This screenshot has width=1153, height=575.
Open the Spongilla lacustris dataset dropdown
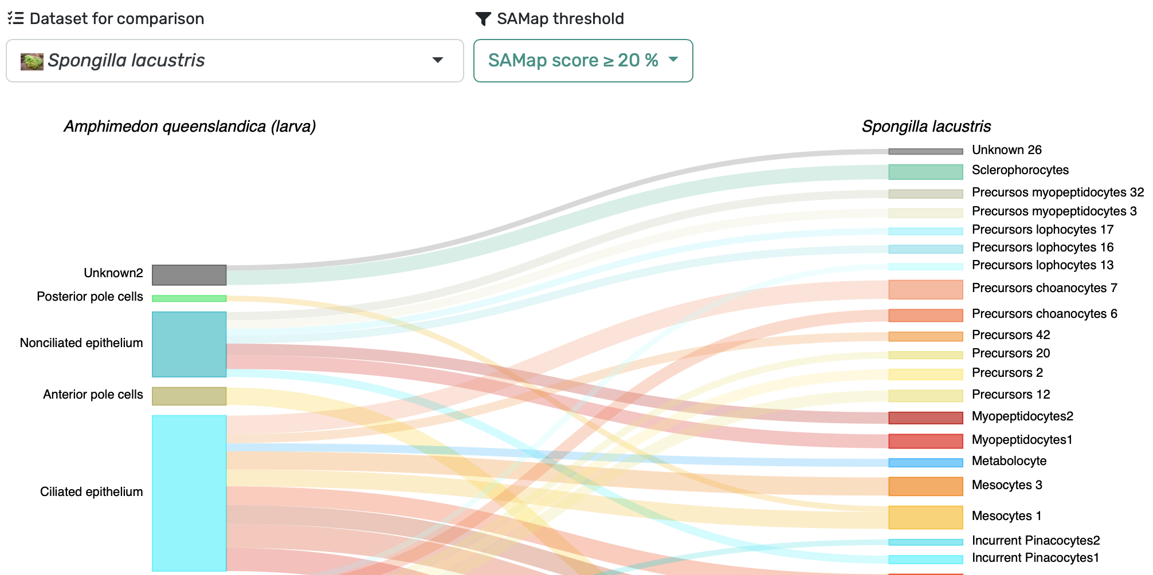click(x=235, y=61)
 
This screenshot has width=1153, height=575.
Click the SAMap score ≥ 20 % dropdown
click(x=583, y=61)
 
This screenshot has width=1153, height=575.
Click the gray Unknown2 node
click(x=189, y=275)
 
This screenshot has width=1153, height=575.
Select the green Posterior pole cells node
click(x=189, y=298)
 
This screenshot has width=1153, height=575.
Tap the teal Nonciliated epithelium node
click(x=189, y=344)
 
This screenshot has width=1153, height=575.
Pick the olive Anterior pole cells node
click(x=189, y=396)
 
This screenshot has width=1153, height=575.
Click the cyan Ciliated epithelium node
click(x=189, y=493)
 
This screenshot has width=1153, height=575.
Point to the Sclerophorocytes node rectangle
click(x=925, y=172)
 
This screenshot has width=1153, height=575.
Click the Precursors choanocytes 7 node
click(x=925, y=289)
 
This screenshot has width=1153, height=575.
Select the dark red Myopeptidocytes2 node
click(x=925, y=418)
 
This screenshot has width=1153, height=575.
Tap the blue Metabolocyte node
click(x=925, y=463)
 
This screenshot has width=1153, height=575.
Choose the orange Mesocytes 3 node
click(x=925, y=486)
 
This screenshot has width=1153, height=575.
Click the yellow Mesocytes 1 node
click(x=925, y=517)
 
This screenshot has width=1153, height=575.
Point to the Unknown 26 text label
click(x=1007, y=150)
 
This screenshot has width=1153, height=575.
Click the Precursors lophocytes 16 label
click(x=1043, y=247)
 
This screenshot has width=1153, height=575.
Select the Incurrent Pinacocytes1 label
click(x=1036, y=558)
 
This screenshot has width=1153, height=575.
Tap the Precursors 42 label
click(x=1011, y=335)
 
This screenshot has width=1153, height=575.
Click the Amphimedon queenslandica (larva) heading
click(x=190, y=127)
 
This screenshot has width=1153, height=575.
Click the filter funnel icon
click(x=483, y=19)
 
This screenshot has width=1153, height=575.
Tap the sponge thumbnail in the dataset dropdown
click(x=32, y=61)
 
